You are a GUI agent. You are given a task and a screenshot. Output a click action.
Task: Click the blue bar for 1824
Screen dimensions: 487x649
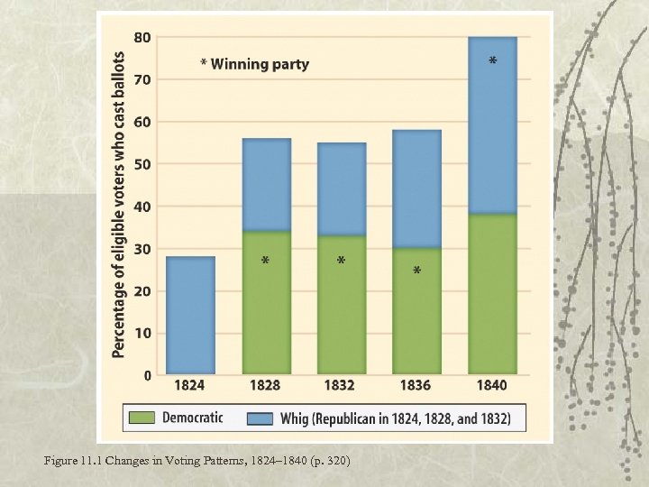190,316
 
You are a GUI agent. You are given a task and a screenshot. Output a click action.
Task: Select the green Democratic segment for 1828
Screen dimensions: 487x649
266,303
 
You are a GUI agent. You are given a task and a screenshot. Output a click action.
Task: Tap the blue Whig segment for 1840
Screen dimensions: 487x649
492,126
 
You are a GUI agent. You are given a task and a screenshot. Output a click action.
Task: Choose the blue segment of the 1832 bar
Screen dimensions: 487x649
342,189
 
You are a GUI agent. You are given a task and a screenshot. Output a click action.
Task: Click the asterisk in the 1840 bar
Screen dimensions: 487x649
492,61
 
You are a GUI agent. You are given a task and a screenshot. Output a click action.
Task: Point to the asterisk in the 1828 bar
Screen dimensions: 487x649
265,262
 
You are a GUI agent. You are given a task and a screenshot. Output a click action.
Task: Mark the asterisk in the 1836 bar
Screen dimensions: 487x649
416,271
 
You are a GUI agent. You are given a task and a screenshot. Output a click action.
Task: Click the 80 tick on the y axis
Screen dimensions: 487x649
142,38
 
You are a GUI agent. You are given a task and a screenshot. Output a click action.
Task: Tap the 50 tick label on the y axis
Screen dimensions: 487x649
142,164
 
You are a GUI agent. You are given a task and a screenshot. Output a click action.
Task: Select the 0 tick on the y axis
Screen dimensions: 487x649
146,374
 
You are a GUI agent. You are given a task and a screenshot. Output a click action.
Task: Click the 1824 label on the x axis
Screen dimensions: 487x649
190,386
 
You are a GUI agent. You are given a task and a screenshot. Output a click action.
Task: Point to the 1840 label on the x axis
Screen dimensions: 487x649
492,386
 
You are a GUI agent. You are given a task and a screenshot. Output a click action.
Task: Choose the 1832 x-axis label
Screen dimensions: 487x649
341,386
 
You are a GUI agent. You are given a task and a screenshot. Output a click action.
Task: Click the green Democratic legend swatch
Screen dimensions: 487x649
142,418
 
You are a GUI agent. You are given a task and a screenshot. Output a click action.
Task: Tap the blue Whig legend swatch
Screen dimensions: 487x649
261,418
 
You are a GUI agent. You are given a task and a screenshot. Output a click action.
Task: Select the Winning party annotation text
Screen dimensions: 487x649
254,64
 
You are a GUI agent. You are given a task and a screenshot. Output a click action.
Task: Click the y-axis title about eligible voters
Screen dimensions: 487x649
119,203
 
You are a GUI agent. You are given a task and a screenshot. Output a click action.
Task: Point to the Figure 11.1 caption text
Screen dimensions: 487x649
198,462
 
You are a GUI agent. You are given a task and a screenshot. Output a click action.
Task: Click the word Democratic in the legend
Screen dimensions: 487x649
191,418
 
